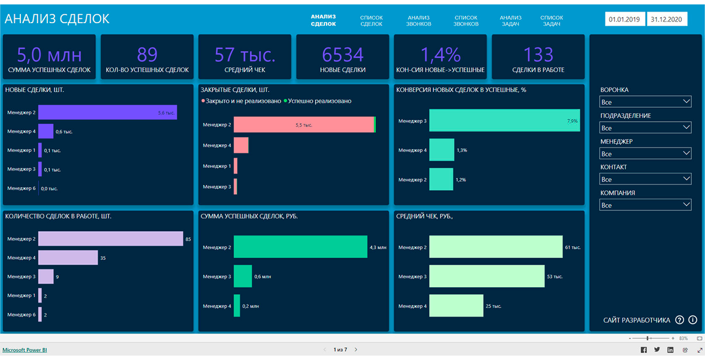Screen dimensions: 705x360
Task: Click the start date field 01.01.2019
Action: tap(625, 19)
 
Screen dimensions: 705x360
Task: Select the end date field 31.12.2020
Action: tap(666, 19)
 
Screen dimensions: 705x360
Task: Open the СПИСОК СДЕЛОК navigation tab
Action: tap(371, 21)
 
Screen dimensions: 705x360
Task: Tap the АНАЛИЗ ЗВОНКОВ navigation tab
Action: tap(419, 21)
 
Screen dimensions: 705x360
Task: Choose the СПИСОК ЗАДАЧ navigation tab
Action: tap(552, 21)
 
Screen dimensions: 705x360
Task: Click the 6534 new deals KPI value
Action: tap(343, 54)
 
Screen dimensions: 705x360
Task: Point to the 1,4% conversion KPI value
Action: tap(440, 54)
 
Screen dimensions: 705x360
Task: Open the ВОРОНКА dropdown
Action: tap(645, 102)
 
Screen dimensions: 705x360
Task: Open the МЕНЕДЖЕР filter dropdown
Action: tap(645, 154)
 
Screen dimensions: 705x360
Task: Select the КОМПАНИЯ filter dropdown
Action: tap(645, 205)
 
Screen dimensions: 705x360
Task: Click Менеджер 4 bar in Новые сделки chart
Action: tap(46, 131)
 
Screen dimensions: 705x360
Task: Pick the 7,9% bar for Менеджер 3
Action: tap(505, 121)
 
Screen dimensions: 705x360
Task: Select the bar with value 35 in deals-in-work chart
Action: tap(68, 258)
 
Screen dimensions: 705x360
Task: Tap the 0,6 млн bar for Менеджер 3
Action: tap(243, 276)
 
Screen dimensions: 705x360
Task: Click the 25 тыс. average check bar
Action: tap(456, 306)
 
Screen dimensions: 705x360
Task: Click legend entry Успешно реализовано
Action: tap(318, 101)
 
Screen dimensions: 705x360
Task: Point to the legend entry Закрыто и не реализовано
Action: tap(241, 101)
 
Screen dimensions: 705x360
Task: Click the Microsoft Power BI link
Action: tap(25, 350)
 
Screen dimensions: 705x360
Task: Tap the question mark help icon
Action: tap(680, 320)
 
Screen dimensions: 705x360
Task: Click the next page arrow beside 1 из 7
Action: tap(356, 350)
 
